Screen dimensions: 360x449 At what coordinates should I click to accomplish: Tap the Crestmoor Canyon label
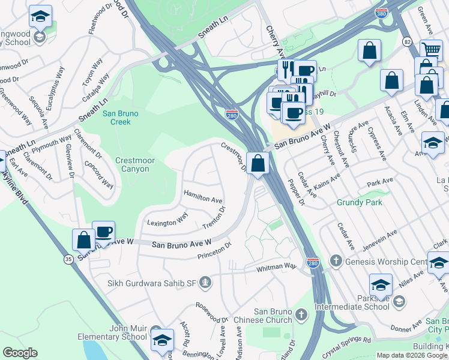tap(132, 164)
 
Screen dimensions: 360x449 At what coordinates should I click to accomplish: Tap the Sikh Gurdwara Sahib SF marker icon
tap(206, 282)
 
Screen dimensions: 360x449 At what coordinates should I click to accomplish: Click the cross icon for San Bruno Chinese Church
tap(301, 314)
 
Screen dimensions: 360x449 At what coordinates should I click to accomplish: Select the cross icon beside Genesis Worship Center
tap(336, 261)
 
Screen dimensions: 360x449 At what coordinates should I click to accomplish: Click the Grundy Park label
tap(360, 202)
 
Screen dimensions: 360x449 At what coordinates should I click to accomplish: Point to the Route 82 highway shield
tap(408, 41)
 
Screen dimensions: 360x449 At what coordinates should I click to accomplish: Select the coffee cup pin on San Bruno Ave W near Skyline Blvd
tap(103, 232)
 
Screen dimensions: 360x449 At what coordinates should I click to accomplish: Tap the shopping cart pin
tap(431, 50)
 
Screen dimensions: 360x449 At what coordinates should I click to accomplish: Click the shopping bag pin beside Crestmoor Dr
tap(258, 163)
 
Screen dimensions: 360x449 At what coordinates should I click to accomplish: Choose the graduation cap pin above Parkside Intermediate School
tap(381, 285)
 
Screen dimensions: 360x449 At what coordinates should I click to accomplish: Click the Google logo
tap(20, 353)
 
